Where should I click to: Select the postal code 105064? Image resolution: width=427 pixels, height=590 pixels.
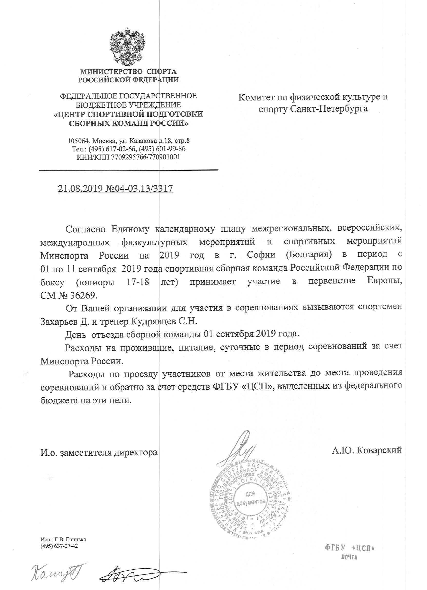click(x=79, y=141)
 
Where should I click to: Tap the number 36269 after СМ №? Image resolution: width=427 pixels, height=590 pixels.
click(x=83, y=296)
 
